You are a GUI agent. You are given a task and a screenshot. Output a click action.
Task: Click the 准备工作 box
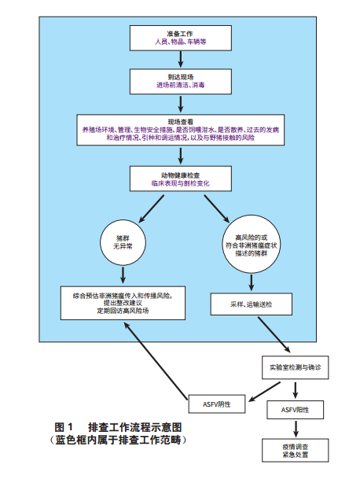(x=181, y=39)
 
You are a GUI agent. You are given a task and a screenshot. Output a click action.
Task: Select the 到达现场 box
(x=181, y=81)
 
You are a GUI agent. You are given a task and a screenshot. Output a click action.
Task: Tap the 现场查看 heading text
(x=181, y=122)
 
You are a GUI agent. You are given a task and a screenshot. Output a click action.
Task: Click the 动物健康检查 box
(x=181, y=179)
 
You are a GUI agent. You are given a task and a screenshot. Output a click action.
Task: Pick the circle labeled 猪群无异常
(x=123, y=242)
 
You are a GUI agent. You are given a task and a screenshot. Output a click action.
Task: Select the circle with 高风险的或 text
(x=252, y=244)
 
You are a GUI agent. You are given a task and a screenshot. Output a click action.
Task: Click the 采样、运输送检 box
(x=251, y=304)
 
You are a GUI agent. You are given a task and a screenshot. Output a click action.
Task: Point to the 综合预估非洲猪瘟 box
(x=123, y=303)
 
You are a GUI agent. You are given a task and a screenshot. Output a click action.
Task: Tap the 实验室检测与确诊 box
(x=295, y=367)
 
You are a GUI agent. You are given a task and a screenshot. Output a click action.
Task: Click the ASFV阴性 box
(x=217, y=404)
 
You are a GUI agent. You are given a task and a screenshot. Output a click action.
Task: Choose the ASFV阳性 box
(x=295, y=410)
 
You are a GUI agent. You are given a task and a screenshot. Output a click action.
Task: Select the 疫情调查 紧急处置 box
(x=295, y=450)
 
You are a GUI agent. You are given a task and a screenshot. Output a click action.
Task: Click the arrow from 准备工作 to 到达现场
(x=181, y=59)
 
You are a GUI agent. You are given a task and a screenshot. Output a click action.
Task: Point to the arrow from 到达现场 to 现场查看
(x=181, y=104)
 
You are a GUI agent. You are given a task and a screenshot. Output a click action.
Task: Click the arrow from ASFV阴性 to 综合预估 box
(x=156, y=361)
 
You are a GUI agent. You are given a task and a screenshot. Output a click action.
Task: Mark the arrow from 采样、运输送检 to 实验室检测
(x=274, y=334)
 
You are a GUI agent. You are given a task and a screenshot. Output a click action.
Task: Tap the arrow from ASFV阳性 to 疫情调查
(x=296, y=429)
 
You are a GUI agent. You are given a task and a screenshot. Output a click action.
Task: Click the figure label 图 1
(x=64, y=427)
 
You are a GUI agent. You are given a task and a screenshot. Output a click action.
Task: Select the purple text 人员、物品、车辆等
(x=181, y=42)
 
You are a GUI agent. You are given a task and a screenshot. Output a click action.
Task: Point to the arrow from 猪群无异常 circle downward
(x=123, y=275)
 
